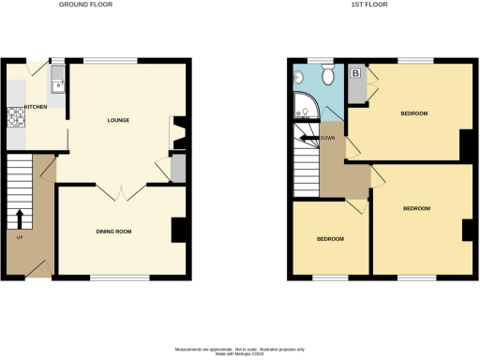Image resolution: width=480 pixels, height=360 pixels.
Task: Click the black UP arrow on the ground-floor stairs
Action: [20, 217]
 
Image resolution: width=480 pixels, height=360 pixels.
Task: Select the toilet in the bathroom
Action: [327, 74]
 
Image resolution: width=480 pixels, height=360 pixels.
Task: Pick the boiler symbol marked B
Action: [356, 72]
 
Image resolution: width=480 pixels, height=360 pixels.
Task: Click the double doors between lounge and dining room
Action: [121, 192]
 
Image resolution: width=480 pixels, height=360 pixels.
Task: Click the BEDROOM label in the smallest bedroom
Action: [330, 239]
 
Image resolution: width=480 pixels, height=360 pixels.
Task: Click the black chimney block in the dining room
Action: [178, 231]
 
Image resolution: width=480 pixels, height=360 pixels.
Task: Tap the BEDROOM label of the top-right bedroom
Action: [413, 113]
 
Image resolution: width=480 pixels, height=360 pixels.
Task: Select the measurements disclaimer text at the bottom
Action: [239, 348]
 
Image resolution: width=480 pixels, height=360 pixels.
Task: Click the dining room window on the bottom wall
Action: [120, 277]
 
